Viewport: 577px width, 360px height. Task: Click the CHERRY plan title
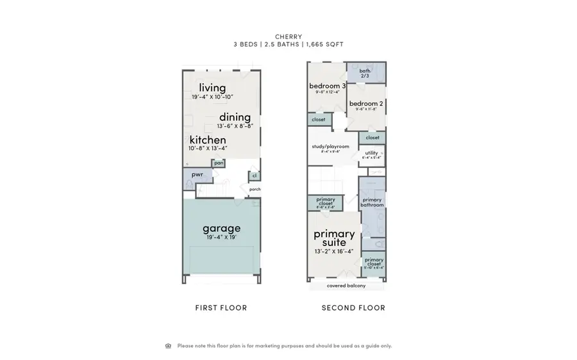click(x=288, y=36)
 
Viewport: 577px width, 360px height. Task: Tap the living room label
click(x=212, y=88)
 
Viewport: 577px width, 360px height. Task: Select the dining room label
click(x=235, y=117)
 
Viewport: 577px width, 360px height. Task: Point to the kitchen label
click(x=208, y=140)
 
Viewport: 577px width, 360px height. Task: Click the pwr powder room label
click(x=197, y=174)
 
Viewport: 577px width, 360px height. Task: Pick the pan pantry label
click(x=219, y=163)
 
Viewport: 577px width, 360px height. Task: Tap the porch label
click(x=255, y=189)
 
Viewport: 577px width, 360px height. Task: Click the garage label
click(x=222, y=228)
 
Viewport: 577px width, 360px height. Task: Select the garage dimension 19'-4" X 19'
click(x=222, y=238)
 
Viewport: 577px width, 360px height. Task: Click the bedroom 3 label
click(x=328, y=86)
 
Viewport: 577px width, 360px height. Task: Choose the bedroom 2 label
click(x=365, y=103)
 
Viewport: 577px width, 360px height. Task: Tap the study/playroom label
click(x=331, y=146)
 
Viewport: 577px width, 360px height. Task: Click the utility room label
click(x=372, y=153)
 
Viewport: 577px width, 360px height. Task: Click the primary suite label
click(x=334, y=238)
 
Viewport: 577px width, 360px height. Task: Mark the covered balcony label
click(x=346, y=286)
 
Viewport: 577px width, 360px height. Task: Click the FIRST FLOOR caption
click(x=221, y=308)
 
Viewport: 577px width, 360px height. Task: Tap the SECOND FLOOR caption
click(x=353, y=308)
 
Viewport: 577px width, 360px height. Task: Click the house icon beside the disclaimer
click(x=169, y=346)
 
